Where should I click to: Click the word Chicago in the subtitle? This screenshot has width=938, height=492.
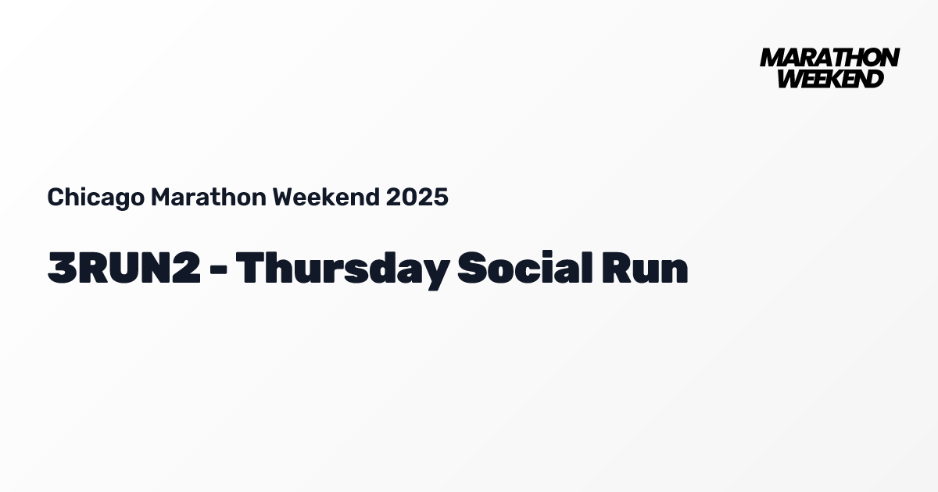click(x=95, y=198)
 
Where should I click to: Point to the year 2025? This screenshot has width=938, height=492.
click(x=417, y=198)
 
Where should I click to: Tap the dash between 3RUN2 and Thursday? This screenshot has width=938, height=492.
click(x=218, y=270)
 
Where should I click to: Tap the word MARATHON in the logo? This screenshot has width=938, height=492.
click(x=829, y=58)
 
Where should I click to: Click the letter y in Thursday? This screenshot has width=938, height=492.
click(x=435, y=273)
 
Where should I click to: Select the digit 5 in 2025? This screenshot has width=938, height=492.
click(x=441, y=198)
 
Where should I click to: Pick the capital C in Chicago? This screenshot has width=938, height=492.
click(x=55, y=198)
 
